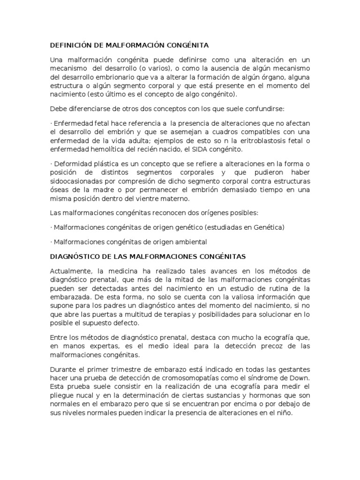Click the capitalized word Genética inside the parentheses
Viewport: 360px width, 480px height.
click(x=268, y=227)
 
